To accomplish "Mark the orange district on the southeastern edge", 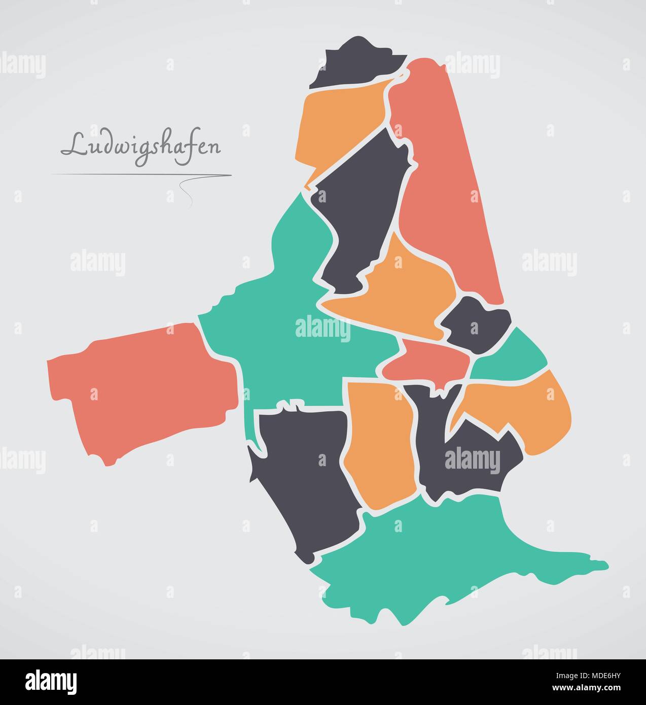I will pyautogui.click(x=532, y=411).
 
